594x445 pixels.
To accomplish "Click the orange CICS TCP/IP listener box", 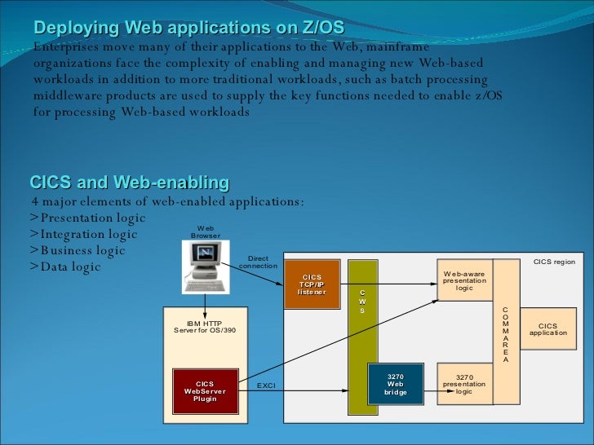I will point(312,285).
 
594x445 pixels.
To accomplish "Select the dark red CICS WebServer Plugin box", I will point(205,390).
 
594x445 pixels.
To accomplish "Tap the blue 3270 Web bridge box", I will point(396,384).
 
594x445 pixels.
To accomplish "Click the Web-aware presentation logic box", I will point(464,280).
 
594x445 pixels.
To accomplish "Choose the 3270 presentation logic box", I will point(464,384).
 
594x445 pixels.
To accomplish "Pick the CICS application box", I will point(547,328).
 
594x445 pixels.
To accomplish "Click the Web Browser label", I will point(206,232).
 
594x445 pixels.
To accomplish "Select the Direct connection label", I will point(258,262).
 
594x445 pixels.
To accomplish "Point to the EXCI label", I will point(267,385).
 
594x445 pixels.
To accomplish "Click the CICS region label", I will point(554,262).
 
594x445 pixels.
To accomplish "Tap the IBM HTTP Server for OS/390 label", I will point(205,326).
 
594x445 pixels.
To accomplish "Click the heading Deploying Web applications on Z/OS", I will point(189,29).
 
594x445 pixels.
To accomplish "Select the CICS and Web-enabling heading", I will point(129,181).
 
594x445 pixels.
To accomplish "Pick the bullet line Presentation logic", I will point(87,218).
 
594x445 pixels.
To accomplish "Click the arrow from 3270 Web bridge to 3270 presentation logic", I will point(430,390).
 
